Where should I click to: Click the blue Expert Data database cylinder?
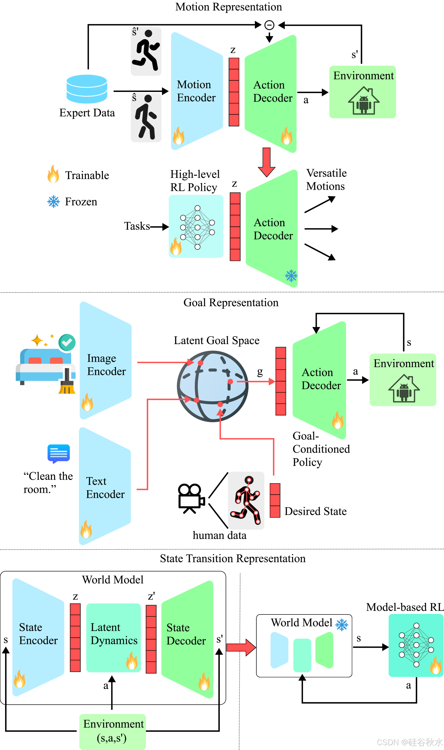(87, 89)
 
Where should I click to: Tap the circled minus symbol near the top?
(269, 25)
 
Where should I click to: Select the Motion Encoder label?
(196, 91)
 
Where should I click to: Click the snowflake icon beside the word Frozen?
(53, 202)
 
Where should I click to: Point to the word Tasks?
(137, 226)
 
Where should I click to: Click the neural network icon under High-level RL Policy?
(197, 227)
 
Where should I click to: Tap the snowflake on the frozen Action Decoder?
(291, 275)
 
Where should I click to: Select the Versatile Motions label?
(326, 180)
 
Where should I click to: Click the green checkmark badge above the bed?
(67, 342)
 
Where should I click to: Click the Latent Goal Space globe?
(212, 386)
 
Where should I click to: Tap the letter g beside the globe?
(260, 372)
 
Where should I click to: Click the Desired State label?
(315, 511)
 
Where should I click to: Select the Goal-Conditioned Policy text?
(321, 449)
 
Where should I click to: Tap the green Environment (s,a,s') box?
(113, 732)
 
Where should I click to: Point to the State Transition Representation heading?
(232, 559)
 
